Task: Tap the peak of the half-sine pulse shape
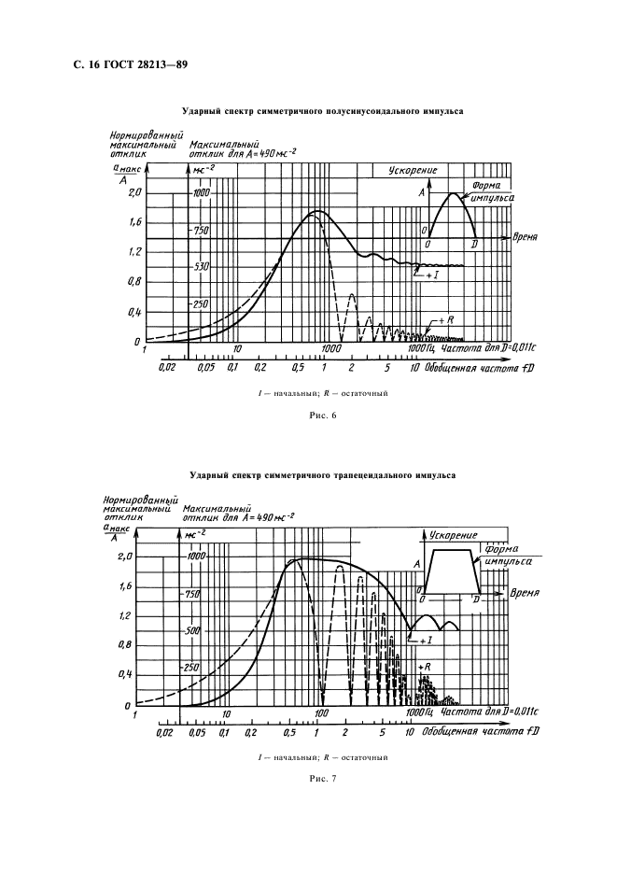(454, 193)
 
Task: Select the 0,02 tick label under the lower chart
(166, 734)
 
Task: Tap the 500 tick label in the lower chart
(192, 630)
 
